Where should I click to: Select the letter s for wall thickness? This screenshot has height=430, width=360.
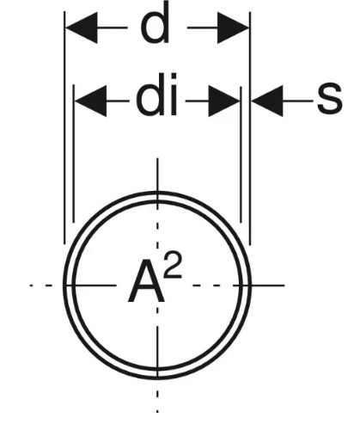point(330,97)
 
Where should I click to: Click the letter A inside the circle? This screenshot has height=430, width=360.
point(146,281)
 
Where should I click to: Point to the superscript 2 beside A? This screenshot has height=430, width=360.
point(173,266)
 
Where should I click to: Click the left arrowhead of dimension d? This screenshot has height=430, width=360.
point(82,28)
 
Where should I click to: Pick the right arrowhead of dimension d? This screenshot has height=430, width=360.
point(233,28)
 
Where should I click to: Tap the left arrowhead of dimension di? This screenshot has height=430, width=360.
point(90,101)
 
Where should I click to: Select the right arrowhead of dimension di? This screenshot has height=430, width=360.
point(224,101)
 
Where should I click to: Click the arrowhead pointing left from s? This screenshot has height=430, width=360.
point(267,101)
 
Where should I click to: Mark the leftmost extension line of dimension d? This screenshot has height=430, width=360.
point(64,128)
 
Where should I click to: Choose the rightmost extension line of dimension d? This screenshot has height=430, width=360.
point(250,128)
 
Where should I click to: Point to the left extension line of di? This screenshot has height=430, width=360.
point(74,153)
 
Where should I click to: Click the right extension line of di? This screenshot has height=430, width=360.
point(241,155)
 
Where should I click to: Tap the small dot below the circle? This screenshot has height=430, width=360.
point(157,411)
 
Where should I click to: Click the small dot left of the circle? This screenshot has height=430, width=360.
point(32,286)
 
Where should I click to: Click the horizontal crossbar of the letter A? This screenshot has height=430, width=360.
point(146,289)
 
